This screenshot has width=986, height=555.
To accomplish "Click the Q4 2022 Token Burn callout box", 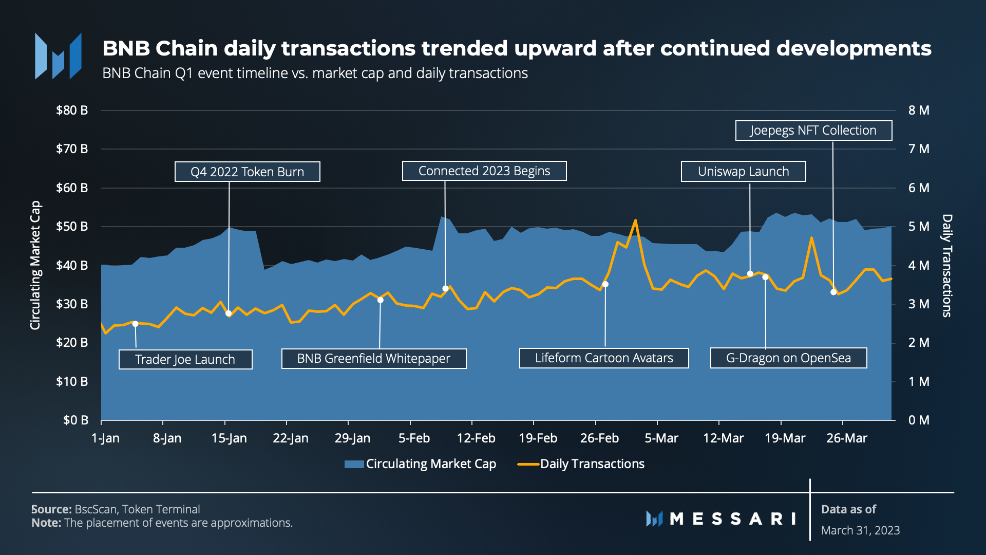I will pyautogui.click(x=247, y=172).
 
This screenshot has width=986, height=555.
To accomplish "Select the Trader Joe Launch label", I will pyautogui.click(x=185, y=359).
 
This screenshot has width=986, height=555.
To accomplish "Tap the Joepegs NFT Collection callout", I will pyautogui.click(x=813, y=131).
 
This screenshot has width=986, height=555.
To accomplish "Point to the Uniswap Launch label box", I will pyautogui.click(x=743, y=172).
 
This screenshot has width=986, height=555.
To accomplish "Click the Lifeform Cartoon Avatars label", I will pyautogui.click(x=604, y=358).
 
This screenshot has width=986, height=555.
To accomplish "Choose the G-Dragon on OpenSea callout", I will pyautogui.click(x=788, y=358).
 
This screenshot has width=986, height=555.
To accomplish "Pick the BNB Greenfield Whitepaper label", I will pyautogui.click(x=373, y=359).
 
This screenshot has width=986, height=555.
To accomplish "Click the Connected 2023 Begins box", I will pyautogui.click(x=484, y=171).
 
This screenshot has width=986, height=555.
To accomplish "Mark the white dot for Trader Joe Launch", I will pyautogui.click(x=136, y=324).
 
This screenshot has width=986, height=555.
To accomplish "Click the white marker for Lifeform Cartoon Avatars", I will pyautogui.click(x=605, y=284).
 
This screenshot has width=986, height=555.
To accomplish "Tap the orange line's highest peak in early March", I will pyautogui.click(x=635, y=220).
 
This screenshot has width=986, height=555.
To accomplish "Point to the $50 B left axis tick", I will pyautogui.click(x=72, y=227).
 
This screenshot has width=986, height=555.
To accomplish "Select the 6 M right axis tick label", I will pyautogui.click(x=919, y=188).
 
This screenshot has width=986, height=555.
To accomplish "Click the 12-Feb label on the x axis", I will pyautogui.click(x=476, y=438).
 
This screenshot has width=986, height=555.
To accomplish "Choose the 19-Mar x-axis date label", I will pyautogui.click(x=785, y=438).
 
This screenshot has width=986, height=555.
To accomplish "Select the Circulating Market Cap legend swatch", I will pyautogui.click(x=354, y=464).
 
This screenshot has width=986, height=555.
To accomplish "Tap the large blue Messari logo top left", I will pyautogui.click(x=58, y=57).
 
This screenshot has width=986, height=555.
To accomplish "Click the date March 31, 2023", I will pyautogui.click(x=860, y=530).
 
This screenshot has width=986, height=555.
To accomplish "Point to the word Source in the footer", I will pyautogui.click(x=51, y=509).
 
